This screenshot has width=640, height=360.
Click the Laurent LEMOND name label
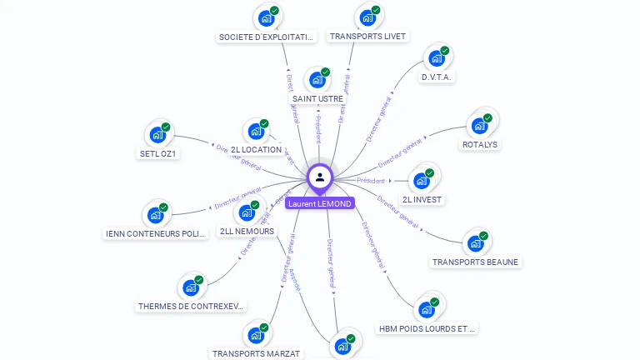pos(320,203)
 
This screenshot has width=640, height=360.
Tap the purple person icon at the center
pos(320,177)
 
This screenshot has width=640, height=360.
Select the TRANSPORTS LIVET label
pos(367,37)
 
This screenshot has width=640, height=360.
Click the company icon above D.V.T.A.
pos(435,58)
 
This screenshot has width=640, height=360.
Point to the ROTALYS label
pos(479,145)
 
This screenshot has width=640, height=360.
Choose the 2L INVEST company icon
pos(422,179)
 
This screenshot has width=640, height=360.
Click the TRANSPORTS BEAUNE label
pos(475,262)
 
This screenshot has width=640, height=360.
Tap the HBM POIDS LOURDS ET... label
pos(427,329)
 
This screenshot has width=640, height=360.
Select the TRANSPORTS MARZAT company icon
pos(256,337)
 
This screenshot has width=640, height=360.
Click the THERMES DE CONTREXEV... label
pos(192,307)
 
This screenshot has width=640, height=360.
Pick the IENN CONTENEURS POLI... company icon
pos(156,215)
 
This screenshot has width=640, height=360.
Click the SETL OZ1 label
pos(158,153)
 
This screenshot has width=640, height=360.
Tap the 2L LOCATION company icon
pos(256,131)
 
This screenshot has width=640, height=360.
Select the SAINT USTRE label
pos(317,99)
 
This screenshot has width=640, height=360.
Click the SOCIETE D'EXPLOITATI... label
pos(266,37)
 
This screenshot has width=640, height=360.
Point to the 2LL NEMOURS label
pos(246,232)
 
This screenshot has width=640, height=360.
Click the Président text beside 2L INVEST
pos(371,181)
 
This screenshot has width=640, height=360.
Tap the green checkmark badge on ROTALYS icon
pos(487,118)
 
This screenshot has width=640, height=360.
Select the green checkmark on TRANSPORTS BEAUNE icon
pos(483,236)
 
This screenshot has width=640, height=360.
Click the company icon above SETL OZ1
pos(157,133)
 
